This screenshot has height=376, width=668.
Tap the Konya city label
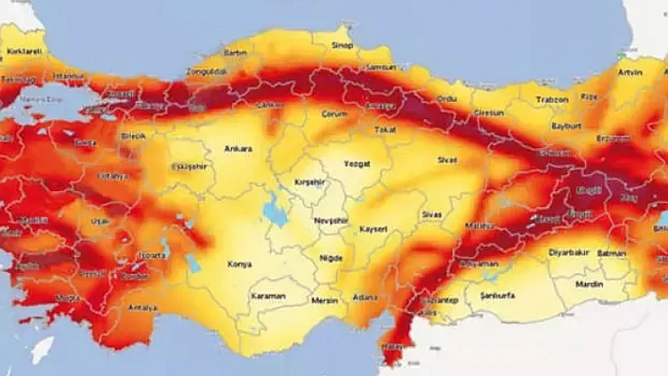tap(240, 264)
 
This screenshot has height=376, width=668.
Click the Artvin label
tap(629, 71)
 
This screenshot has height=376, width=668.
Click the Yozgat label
tap(357, 162)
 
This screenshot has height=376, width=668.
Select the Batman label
tap(612, 253)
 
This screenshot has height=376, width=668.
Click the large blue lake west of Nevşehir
tap(273, 209)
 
